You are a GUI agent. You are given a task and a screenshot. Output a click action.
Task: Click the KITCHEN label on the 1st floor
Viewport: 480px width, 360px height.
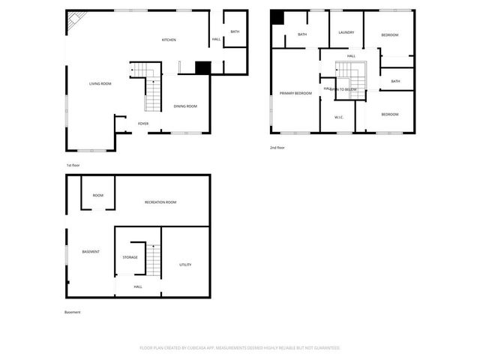[169, 40]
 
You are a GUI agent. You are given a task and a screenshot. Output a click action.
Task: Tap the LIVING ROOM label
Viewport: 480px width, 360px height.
[100, 83]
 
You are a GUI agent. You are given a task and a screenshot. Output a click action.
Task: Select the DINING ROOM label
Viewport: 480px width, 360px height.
[186, 106]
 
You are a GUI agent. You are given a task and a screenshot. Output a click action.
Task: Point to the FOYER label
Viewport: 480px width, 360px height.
[142, 123]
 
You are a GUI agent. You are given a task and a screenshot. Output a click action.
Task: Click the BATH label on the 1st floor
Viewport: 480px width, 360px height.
[235, 31]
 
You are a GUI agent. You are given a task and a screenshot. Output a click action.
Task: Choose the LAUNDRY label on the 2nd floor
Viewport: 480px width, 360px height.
[346, 32]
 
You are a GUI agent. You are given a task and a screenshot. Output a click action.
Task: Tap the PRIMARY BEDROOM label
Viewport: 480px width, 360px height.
[295, 93]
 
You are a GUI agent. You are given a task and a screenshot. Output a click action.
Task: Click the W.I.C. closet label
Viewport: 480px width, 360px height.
[339, 118]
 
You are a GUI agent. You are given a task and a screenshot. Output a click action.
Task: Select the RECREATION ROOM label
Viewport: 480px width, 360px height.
[160, 202]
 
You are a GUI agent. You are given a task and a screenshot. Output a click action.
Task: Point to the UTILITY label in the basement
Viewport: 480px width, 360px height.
[185, 265]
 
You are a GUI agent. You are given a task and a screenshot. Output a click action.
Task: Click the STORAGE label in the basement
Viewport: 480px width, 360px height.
[130, 257]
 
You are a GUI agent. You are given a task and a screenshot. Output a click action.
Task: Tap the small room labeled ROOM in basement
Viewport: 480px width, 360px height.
[98, 195]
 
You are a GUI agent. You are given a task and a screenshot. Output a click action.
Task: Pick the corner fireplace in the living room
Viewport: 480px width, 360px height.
[75, 22]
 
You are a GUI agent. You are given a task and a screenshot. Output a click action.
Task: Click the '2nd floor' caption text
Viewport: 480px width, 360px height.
[277, 148]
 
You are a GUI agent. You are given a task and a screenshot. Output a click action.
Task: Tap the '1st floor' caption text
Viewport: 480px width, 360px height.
[73, 165]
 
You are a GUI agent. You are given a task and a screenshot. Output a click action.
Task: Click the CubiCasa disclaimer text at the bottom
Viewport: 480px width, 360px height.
[240, 348]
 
